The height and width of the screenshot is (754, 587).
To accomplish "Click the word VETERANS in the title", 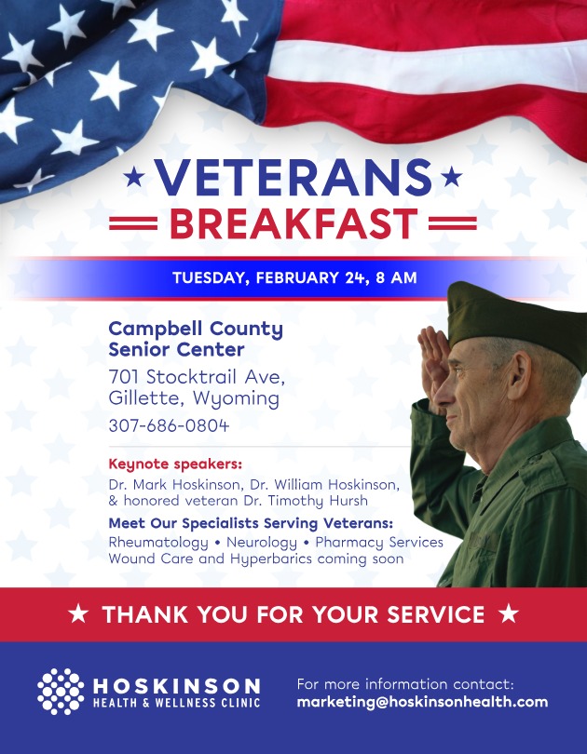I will point(293,178).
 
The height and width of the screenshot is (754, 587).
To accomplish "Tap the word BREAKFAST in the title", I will point(293,224).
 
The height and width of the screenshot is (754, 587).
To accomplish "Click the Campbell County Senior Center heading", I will point(196,339).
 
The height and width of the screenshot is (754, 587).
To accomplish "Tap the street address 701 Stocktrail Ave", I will point(197,377).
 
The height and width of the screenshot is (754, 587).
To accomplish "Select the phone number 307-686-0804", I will point(169,425).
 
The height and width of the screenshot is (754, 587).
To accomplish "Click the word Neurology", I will point(260,542).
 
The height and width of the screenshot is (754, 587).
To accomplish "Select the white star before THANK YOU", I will point(80,614).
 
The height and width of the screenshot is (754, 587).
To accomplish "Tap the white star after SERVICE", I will point(508,614).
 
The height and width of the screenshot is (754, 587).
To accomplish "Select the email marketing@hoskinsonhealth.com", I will point(422,703).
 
